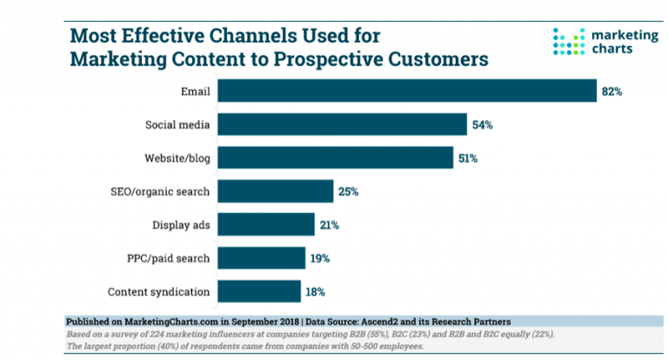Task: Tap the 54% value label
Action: click(483, 124)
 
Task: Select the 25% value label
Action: click(349, 191)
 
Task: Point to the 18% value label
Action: click(317, 292)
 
